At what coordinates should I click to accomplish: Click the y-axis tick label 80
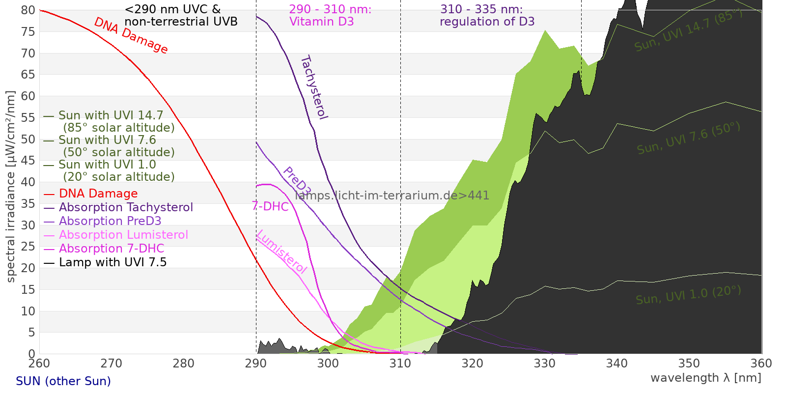(x=28, y=10)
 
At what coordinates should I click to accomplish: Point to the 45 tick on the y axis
(x=28, y=161)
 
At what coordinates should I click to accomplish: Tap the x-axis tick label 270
(x=112, y=364)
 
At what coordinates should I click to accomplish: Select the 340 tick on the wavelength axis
(x=617, y=364)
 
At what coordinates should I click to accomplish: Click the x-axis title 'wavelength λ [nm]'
(x=706, y=378)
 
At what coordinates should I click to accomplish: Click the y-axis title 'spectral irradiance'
(x=11, y=187)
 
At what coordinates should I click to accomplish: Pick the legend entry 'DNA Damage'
(x=98, y=194)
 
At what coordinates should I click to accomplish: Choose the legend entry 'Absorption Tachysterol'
(x=126, y=207)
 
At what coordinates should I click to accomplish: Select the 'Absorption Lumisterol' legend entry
(x=123, y=235)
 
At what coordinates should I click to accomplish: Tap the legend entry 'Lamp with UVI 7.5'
(x=112, y=262)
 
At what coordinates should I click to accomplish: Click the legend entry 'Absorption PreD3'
(x=110, y=221)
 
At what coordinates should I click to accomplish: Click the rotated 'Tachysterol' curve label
(x=314, y=87)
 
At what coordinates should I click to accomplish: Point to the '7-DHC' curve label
(x=270, y=206)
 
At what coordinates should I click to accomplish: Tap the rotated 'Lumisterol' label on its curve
(x=281, y=252)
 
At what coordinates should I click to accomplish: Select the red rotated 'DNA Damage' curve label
(x=131, y=35)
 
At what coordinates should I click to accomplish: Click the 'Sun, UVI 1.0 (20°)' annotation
(x=688, y=295)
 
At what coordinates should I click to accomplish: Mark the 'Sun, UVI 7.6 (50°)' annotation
(x=688, y=139)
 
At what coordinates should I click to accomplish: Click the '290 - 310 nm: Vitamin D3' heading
(x=330, y=16)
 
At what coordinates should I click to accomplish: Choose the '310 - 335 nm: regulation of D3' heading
(x=487, y=16)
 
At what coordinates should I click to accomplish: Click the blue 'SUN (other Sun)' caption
(x=63, y=381)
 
